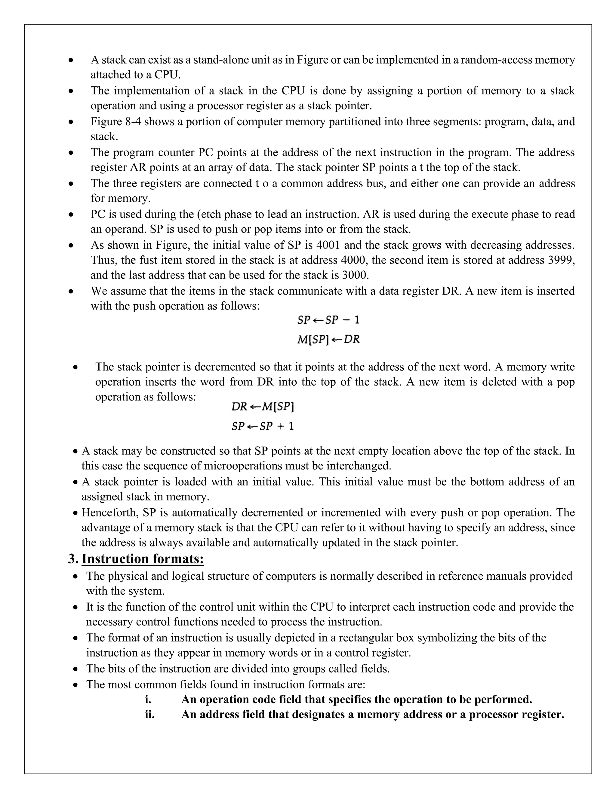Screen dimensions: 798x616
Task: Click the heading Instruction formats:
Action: click(142, 559)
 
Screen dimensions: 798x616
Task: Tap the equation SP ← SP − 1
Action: click(328, 320)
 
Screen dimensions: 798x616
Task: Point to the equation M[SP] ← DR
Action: click(328, 339)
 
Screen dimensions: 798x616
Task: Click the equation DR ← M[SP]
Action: click(263, 407)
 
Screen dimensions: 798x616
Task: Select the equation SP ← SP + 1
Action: click(263, 426)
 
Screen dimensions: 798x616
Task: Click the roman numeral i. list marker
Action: click(148, 699)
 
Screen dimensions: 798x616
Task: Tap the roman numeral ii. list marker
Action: click(149, 714)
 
